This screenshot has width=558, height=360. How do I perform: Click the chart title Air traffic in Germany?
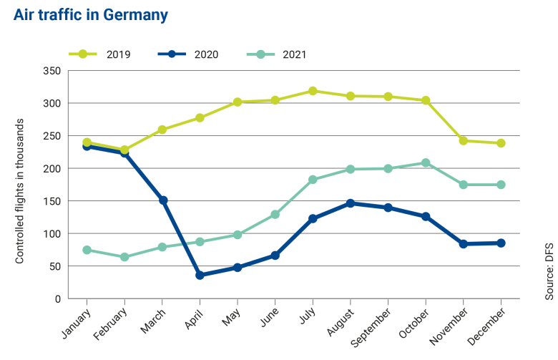pos(91,14)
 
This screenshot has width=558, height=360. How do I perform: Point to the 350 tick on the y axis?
pos(52,71)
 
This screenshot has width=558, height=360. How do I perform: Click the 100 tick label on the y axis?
pos(52,234)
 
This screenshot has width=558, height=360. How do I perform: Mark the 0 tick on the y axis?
pos(57,299)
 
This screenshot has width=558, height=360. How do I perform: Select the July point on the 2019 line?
pos(313,91)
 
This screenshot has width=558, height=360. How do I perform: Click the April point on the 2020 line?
pos(200,275)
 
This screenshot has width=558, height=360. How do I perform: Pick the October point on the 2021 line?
pos(426,163)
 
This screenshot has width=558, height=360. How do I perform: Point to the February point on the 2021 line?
pos(124,257)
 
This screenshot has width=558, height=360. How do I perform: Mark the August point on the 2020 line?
pos(351,203)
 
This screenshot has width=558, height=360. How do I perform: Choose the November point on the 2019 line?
pos(464,141)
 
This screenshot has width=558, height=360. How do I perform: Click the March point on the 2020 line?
pos(162,200)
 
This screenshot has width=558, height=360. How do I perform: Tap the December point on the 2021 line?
pos(501,185)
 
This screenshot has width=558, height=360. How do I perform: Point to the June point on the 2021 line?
pos(275,215)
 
